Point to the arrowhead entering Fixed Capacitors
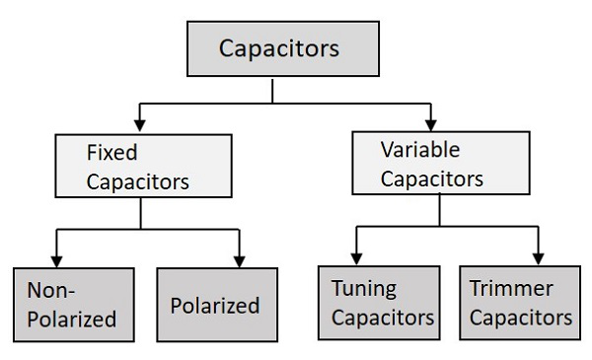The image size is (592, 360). (140, 125)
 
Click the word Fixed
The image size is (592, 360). (111, 153)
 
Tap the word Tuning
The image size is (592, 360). (364, 289)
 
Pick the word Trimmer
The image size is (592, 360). (512, 289)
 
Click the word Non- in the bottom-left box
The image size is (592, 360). (51, 290)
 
